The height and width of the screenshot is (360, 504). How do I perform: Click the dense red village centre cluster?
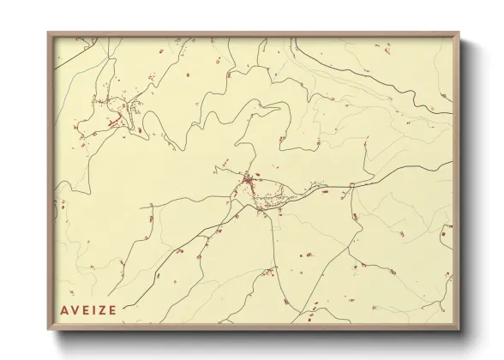pos(249,181)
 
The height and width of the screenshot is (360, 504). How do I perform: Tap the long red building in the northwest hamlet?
pos(111,123)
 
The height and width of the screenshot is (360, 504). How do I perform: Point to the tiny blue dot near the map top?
pos(276,74)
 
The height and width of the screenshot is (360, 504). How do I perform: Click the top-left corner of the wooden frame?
pos(49,34)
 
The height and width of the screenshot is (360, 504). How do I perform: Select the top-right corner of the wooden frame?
pos(459,34)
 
